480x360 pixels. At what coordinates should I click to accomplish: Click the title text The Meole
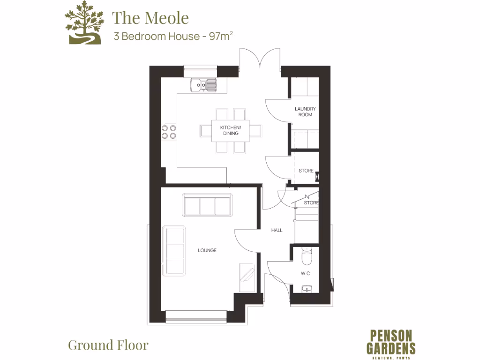(150, 18)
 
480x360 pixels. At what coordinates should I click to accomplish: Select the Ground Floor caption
(108, 345)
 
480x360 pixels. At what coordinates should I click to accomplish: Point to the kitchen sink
(204, 85)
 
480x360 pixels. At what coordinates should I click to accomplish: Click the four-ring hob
(169, 131)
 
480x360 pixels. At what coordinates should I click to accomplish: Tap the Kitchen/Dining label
(231, 130)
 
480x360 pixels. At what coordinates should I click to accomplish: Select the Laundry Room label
(305, 112)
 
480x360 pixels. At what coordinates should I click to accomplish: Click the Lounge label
(207, 250)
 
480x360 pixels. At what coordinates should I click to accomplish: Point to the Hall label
(277, 230)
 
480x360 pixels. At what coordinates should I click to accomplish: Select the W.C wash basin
(307, 288)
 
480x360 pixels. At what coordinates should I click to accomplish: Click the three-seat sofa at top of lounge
(207, 205)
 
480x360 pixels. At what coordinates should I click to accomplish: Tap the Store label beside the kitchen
(306, 171)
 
